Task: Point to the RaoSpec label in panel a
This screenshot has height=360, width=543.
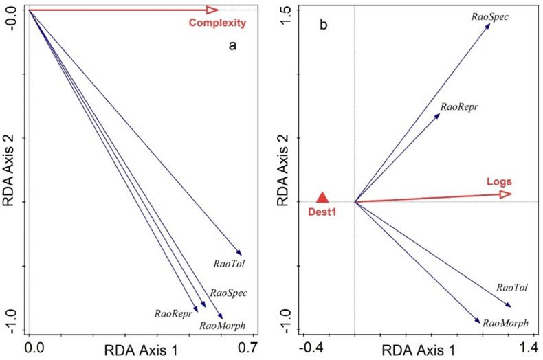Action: click(x=228, y=293)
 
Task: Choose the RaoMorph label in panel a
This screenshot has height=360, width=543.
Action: click(x=221, y=325)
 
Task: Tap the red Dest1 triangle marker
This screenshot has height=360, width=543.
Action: click(x=322, y=198)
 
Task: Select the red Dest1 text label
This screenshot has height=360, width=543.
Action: click(x=321, y=213)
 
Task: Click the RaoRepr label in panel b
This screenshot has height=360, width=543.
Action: click(x=459, y=107)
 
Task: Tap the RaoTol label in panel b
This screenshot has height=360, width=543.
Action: click(x=511, y=288)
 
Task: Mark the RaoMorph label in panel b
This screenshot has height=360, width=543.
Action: click(x=505, y=322)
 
